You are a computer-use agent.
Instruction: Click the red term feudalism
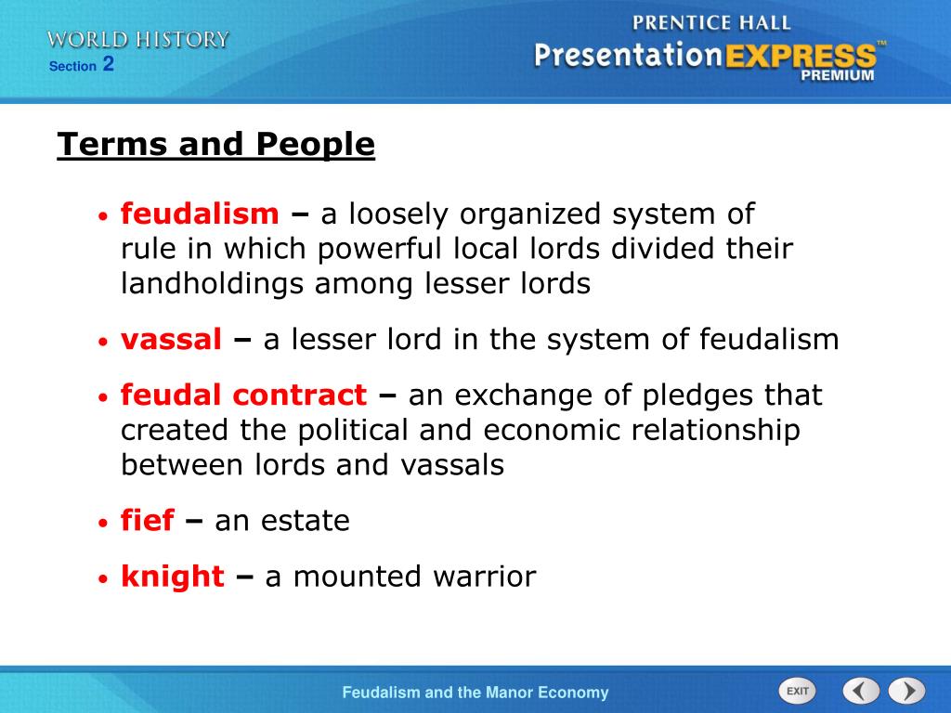200,215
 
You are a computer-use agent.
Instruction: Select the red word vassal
171,340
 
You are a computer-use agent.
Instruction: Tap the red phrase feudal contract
243,395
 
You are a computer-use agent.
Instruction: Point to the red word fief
147,521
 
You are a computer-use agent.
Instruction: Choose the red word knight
172,577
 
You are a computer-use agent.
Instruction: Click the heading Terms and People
215,145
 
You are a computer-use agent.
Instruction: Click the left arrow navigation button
861,691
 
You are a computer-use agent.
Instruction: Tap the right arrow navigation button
906,691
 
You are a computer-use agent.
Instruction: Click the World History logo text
138,39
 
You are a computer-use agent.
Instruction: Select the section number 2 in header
109,64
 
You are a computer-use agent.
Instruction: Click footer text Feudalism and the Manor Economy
475,693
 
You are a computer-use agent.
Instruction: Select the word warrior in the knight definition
484,577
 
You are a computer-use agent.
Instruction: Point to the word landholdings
213,284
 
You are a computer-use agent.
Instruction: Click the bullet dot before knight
105,578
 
